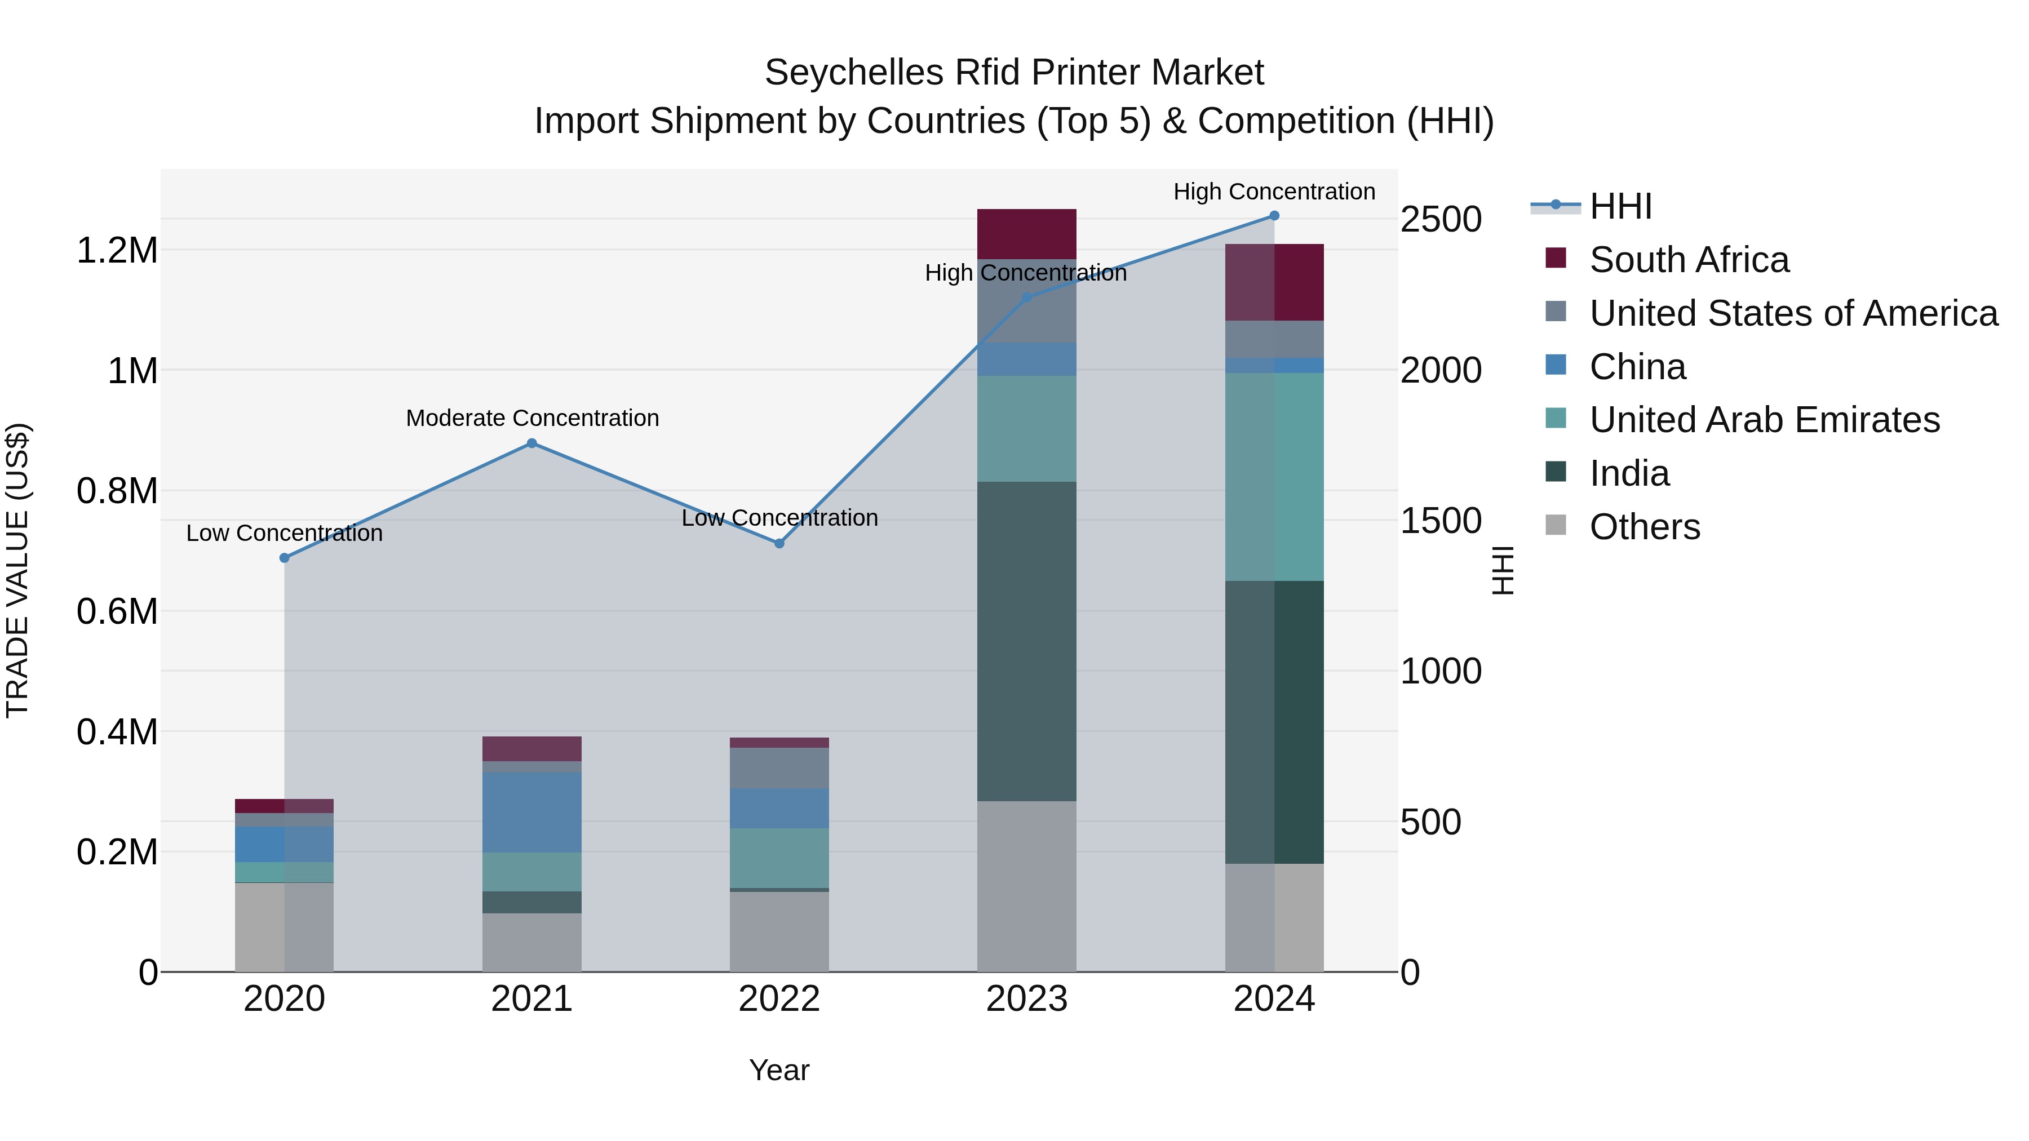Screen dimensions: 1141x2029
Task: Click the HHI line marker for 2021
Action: point(531,443)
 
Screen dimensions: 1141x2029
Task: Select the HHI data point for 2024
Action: point(1274,216)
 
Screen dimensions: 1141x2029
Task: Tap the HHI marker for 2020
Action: point(285,557)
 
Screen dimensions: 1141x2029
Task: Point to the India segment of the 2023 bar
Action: point(1026,641)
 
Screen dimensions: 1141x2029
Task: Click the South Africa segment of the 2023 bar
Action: point(1026,234)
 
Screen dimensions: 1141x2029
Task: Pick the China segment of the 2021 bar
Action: point(531,812)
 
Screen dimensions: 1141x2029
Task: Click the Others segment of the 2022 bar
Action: point(779,931)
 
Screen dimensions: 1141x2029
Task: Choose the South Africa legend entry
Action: point(1689,260)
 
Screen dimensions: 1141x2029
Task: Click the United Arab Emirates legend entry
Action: point(1764,420)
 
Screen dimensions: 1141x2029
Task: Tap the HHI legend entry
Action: point(1620,206)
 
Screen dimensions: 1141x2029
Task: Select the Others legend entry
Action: point(1645,527)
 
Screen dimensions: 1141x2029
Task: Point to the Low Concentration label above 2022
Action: point(779,518)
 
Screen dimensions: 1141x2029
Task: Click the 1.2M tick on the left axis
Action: point(117,250)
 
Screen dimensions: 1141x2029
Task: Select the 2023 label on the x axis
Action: point(1026,999)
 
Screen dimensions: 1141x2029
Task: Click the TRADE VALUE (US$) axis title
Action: point(17,570)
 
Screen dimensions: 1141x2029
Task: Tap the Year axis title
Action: point(779,1070)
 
